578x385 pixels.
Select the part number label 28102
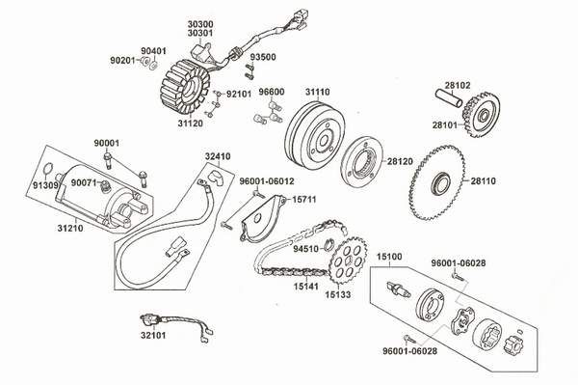484,85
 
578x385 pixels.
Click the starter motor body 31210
96,193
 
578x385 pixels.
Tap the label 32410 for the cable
217,153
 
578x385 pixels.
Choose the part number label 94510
305,248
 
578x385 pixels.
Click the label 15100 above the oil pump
389,258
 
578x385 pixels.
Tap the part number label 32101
152,338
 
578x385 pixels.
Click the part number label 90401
153,49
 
